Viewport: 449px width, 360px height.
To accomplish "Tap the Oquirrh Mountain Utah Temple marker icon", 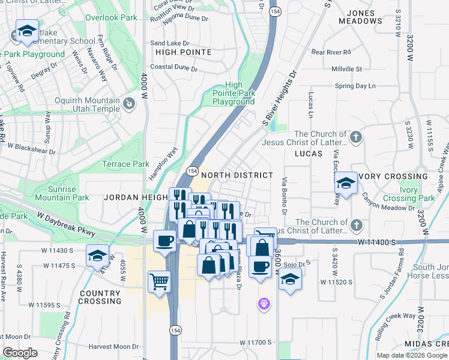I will pyautogui.click(x=128, y=105).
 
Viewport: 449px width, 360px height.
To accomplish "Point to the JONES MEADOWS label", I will pyautogui.click(x=364, y=16).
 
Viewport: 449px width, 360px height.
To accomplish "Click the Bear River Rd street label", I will pyautogui.click(x=335, y=52).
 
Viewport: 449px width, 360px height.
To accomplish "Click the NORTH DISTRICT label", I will pyautogui.click(x=237, y=175).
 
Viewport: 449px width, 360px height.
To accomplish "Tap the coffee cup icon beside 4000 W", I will pyautogui.click(x=165, y=241).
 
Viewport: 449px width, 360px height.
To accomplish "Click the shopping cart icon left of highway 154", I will pyautogui.click(x=159, y=281).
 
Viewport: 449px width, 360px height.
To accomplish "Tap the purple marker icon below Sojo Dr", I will pyautogui.click(x=264, y=304).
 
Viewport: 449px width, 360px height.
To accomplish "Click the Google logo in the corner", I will pyautogui.click(x=20, y=352).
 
